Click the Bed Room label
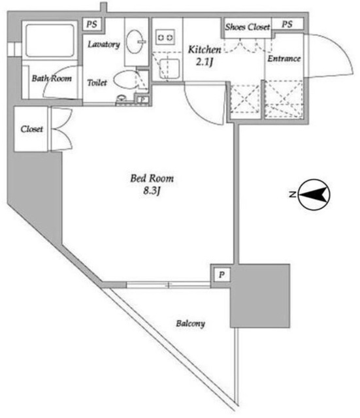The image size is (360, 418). (152, 178)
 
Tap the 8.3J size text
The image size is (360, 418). (152, 191)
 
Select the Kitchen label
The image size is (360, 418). (205, 50)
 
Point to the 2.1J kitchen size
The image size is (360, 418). (205, 62)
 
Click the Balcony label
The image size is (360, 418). (190, 324)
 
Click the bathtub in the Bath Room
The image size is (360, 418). (50, 40)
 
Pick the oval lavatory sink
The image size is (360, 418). (135, 42)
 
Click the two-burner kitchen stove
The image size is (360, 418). (165, 38)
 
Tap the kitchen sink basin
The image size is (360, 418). (170, 69)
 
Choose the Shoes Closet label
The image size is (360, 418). (247, 27)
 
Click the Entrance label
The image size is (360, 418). (284, 59)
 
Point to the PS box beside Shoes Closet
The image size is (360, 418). (287, 24)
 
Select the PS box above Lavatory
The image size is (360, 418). (91, 24)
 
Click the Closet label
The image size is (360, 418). (31, 129)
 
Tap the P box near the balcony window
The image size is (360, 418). (221, 274)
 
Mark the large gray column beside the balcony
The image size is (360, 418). (260, 296)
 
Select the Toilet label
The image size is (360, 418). (97, 83)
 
